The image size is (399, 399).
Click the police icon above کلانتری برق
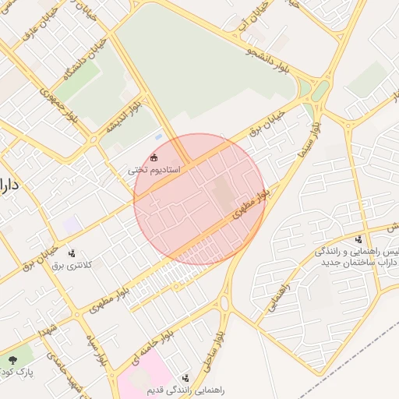[72, 252]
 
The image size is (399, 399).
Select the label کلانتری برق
[72, 265]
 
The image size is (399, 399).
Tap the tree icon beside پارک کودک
[13, 359]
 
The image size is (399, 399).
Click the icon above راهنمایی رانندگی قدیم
[185, 377]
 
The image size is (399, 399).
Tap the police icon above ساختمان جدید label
[358, 239]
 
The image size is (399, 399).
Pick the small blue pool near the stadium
[159, 138]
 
